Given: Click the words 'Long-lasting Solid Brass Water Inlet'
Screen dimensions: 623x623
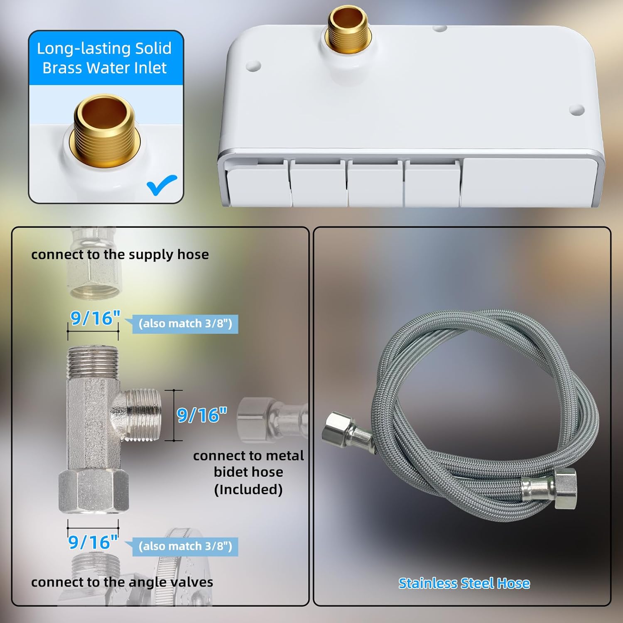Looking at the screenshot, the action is [x=104, y=58].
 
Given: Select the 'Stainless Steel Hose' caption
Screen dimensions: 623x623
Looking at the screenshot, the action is [x=464, y=583].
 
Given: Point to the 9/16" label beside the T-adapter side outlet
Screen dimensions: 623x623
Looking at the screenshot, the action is [x=202, y=415].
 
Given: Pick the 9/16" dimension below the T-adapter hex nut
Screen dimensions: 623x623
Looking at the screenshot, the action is [x=93, y=542].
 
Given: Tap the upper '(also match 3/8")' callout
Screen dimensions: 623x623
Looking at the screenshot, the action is [x=185, y=324].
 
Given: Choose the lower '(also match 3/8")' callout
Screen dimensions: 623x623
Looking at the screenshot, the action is [x=185, y=546].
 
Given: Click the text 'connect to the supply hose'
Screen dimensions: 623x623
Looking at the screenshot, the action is [x=120, y=254].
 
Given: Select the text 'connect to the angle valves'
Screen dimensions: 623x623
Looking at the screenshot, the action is [x=122, y=582].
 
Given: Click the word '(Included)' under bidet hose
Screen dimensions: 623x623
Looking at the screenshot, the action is [x=248, y=489].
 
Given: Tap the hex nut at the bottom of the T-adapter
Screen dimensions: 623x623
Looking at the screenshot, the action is [x=93, y=491].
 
